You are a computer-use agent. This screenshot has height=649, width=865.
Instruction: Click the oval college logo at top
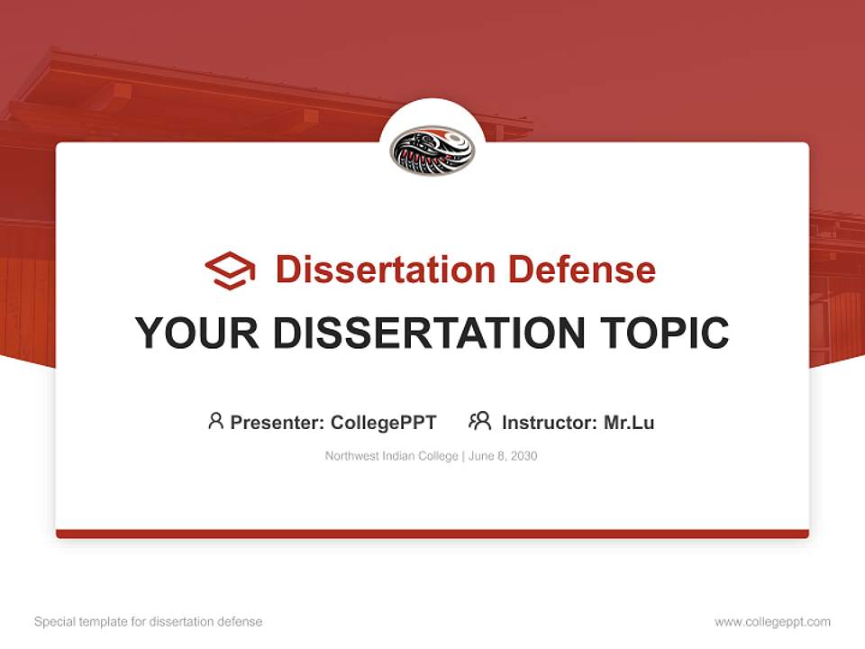point(432,151)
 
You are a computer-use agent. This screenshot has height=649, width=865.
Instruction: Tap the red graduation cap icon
point(230,270)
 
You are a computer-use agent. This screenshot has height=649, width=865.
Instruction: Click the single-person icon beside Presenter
point(215,421)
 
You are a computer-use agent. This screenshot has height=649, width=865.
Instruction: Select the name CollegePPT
point(383,422)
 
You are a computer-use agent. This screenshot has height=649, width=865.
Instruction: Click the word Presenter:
point(278,422)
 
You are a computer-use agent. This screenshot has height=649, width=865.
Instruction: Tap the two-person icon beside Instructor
point(479,421)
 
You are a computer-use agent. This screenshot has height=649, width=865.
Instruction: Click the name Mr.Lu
point(629,422)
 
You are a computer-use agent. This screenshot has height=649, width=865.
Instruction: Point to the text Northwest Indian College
point(392,456)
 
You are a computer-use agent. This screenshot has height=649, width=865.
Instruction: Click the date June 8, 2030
point(503,456)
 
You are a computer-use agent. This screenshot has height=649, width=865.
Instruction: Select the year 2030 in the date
point(524,456)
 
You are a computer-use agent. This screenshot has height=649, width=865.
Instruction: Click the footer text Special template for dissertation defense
point(148,622)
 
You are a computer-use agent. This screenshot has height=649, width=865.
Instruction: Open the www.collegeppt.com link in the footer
point(772,622)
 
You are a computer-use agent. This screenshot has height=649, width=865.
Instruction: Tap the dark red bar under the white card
point(432,534)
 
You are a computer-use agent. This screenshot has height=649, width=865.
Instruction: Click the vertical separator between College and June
point(463,456)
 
